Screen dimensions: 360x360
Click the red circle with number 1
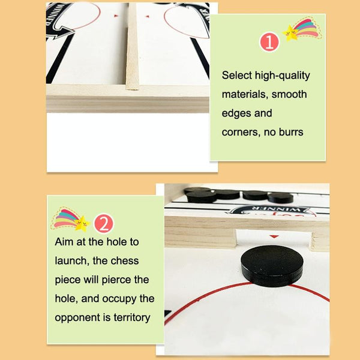(269, 42)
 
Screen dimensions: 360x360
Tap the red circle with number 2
(104, 223)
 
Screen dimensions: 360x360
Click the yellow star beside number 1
(290, 33)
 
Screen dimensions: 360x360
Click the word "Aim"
(64, 242)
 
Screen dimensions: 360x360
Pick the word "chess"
(125, 261)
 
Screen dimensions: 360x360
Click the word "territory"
(132, 318)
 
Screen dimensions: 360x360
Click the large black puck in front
(272, 266)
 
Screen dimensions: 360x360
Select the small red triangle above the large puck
(274, 236)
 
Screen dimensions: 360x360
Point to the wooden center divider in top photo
(133, 46)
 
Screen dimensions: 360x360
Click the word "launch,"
(72, 261)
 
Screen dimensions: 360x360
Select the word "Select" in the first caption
(237, 76)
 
